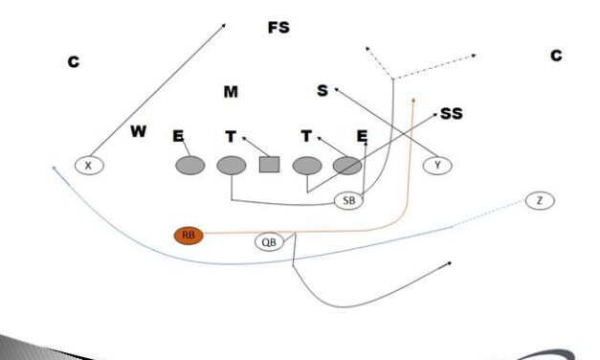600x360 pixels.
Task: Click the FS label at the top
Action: click(x=278, y=28)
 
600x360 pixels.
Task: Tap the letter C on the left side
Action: click(x=73, y=62)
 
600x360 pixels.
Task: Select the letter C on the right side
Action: click(x=556, y=56)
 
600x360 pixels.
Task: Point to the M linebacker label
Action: click(x=231, y=92)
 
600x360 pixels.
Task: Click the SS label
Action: click(x=452, y=114)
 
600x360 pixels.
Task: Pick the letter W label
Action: click(x=139, y=131)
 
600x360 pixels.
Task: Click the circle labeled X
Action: click(x=89, y=166)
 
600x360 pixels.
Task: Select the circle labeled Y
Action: click(x=437, y=166)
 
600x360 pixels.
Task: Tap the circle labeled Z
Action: click(x=540, y=200)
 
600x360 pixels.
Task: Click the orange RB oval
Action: click(x=189, y=235)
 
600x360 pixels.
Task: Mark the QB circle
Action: click(x=271, y=242)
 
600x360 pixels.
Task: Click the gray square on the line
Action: click(x=269, y=166)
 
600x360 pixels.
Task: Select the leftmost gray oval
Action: click(x=190, y=166)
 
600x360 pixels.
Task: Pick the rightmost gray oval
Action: click(x=346, y=166)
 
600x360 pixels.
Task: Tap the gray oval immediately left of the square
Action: click(x=232, y=166)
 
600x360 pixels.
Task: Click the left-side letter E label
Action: click(x=178, y=137)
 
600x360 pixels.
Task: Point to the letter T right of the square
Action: click(x=306, y=137)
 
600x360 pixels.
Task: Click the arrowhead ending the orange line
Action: click(x=412, y=97)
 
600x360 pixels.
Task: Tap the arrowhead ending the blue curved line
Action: click(x=55, y=167)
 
